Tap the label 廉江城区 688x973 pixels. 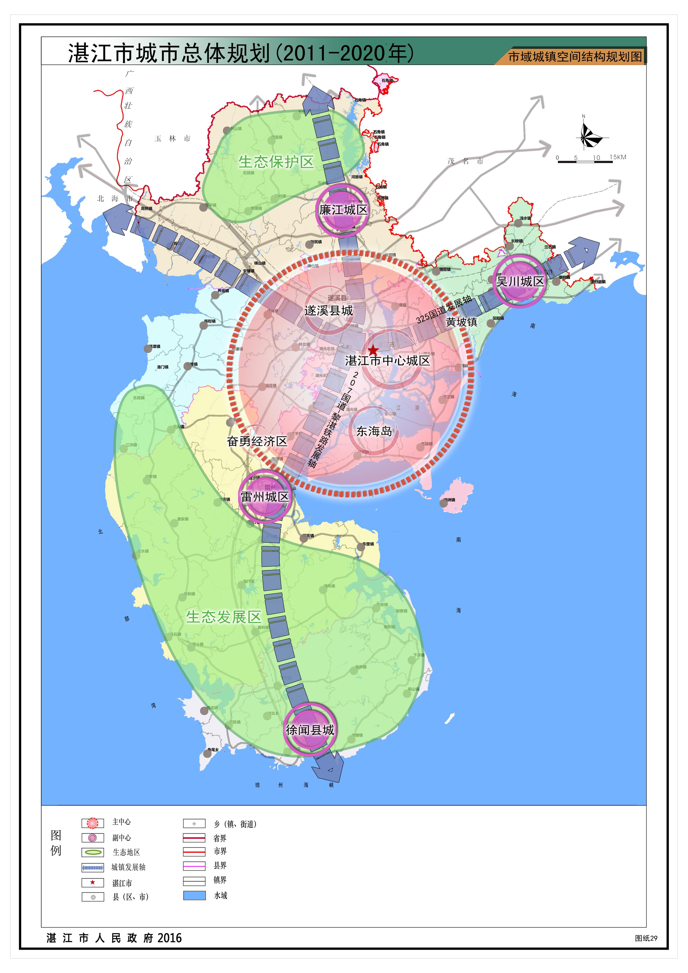[x=343, y=209]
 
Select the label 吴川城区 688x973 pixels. [x=520, y=281]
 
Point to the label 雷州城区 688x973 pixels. [x=265, y=497]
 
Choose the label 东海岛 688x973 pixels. [x=374, y=431]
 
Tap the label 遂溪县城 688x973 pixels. [x=328, y=311]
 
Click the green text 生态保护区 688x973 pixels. [x=276, y=162]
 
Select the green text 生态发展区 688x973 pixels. [x=224, y=617]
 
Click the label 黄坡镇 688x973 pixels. [x=461, y=322]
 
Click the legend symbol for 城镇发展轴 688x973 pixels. [x=93, y=867]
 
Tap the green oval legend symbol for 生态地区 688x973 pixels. [x=93, y=852]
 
